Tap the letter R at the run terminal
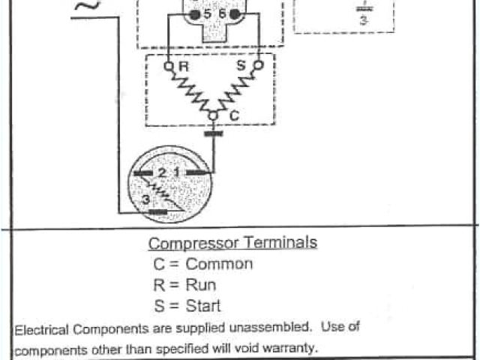pos(183,67)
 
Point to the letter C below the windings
pos(233,117)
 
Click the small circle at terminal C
pos(213,115)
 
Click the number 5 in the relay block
pos(206,14)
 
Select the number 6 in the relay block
pos(223,14)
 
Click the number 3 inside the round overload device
pos(144,199)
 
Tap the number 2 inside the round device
pos(162,173)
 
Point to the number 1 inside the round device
pos(177,173)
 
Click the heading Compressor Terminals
pos(232,243)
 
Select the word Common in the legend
pos(219,264)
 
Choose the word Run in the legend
pos(200,285)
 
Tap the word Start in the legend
pos(204,306)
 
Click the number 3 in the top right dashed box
pos(363,21)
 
